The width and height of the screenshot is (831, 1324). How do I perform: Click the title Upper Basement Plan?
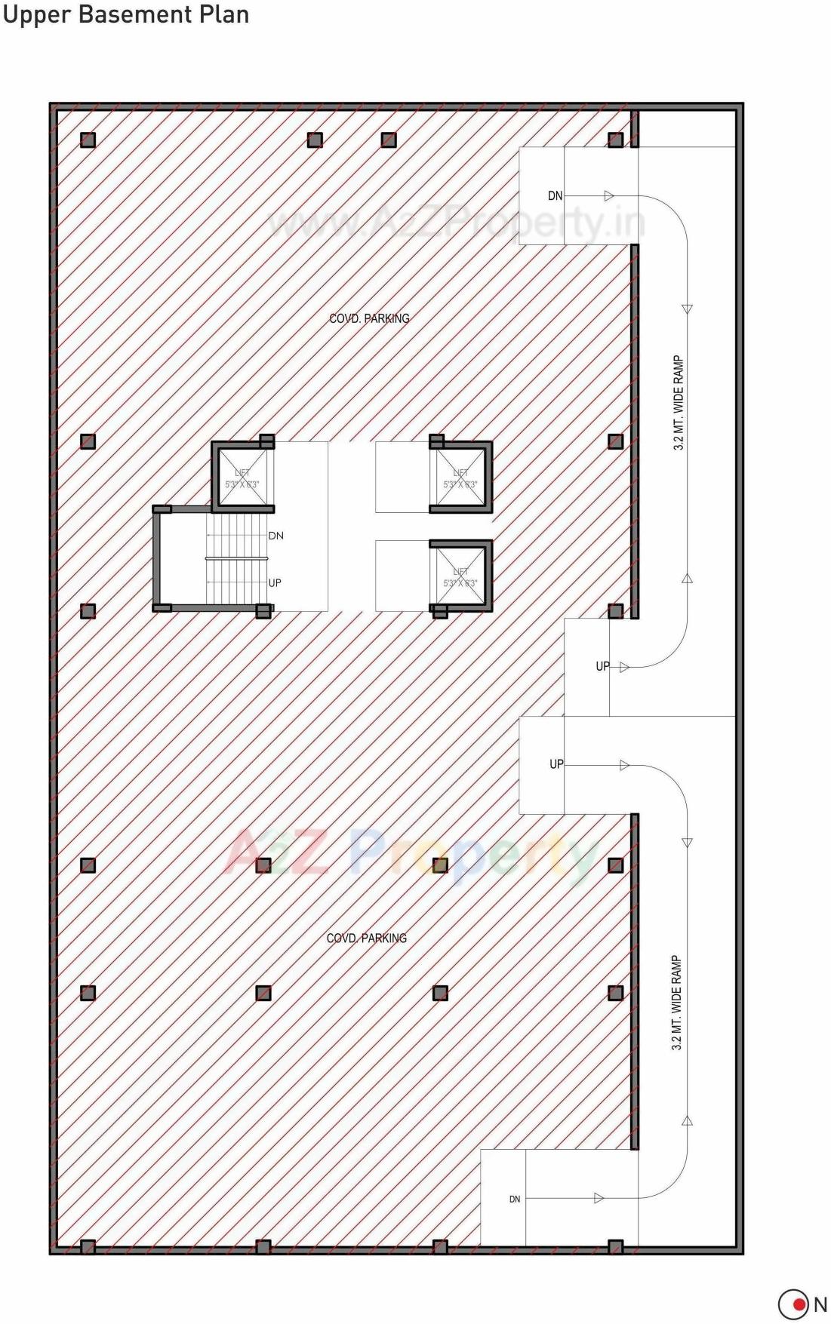(x=125, y=14)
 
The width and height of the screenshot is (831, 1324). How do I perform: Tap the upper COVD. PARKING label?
(x=369, y=318)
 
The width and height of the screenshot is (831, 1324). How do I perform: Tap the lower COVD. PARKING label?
(x=366, y=938)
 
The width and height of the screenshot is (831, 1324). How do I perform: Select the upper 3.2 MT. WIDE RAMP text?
(x=679, y=403)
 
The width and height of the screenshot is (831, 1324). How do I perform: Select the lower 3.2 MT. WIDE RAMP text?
(x=676, y=1003)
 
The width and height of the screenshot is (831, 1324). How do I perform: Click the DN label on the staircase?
(x=276, y=536)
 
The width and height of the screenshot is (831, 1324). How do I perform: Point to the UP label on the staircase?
(x=275, y=583)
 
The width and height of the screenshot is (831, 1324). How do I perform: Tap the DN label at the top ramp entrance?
(x=555, y=196)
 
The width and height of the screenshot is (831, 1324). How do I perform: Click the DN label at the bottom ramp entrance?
(x=515, y=1199)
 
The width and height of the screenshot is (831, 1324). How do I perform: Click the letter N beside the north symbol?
(x=820, y=1304)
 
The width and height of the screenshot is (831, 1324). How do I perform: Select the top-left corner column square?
(x=88, y=140)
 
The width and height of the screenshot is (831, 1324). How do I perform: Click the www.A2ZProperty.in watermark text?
(x=457, y=223)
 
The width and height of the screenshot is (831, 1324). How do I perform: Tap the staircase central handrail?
(x=236, y=558)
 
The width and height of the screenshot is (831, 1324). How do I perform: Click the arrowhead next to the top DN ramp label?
(x=609, y=196)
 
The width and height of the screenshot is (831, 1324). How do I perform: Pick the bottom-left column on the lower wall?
(x=88, y=1246)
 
